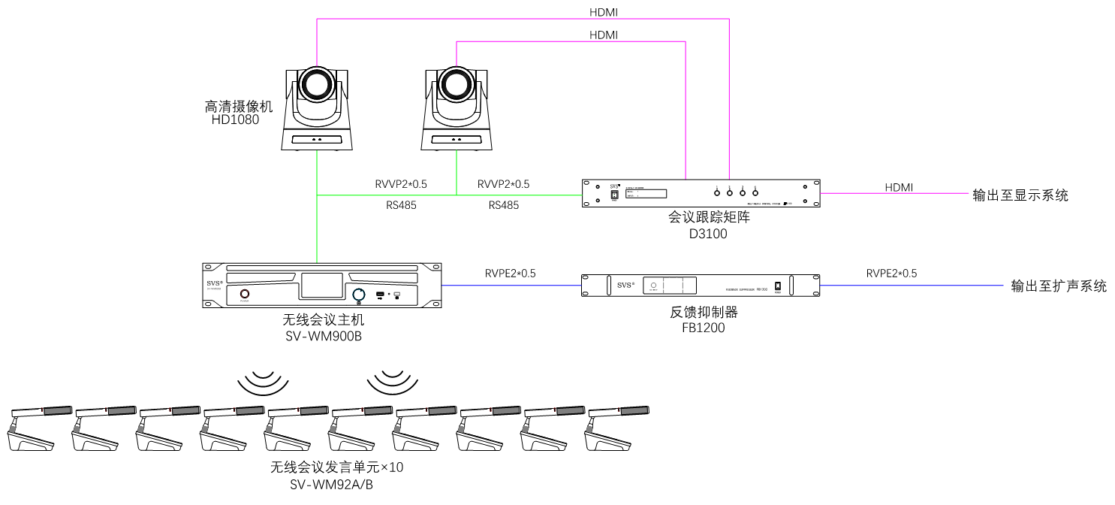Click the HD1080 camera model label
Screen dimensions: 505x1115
coord(235,119)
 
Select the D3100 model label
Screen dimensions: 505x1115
coord(709,234)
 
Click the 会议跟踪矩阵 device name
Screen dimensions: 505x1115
coord(709,218)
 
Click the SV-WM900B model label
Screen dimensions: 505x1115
coord(324,336)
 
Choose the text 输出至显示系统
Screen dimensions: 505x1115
coord(1020,195)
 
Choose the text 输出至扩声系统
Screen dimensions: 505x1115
coord(1059,286)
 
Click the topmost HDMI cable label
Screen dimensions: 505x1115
coord(604,12)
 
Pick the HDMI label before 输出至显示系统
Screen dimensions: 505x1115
coord(899,187)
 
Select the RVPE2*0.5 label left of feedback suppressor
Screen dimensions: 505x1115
coord(511,274)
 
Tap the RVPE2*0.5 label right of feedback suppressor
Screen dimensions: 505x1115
coord(891,274)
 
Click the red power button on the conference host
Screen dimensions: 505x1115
coord(245,294)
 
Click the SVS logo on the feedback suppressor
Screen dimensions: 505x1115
coord(625,286)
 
